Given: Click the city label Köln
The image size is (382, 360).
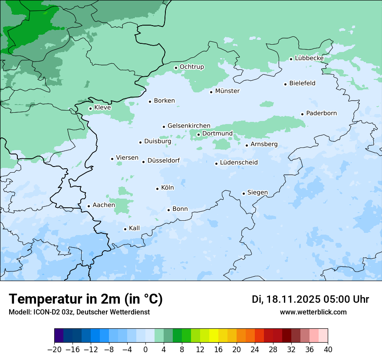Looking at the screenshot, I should point(168,188).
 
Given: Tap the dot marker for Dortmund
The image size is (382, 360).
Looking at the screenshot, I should point(198,134).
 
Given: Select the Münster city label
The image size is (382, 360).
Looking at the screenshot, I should point(227,91).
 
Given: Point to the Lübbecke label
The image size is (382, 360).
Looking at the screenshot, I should point(309,58).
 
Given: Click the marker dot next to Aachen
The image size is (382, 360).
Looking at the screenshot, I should point(89,206).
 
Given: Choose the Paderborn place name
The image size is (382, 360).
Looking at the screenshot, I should point(321,113).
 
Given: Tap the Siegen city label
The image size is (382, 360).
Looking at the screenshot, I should point(257,193).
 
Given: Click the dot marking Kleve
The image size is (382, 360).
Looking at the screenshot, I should point(90,108).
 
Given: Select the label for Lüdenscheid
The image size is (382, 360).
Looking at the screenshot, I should point(239,163).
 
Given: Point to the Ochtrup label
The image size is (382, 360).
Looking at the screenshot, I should point(192,67).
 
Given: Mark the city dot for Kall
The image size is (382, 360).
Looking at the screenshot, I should point(125,229).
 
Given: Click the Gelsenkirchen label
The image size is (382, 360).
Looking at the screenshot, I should point(189,126).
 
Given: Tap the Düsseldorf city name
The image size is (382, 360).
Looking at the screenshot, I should point(164,160).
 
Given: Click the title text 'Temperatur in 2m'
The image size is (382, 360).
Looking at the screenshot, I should point(86,299).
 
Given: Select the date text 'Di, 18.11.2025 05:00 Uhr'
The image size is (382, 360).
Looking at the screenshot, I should point(310,299).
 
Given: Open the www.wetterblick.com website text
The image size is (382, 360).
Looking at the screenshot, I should point(313,312).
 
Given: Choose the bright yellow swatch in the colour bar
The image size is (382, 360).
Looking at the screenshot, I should point(214,336).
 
